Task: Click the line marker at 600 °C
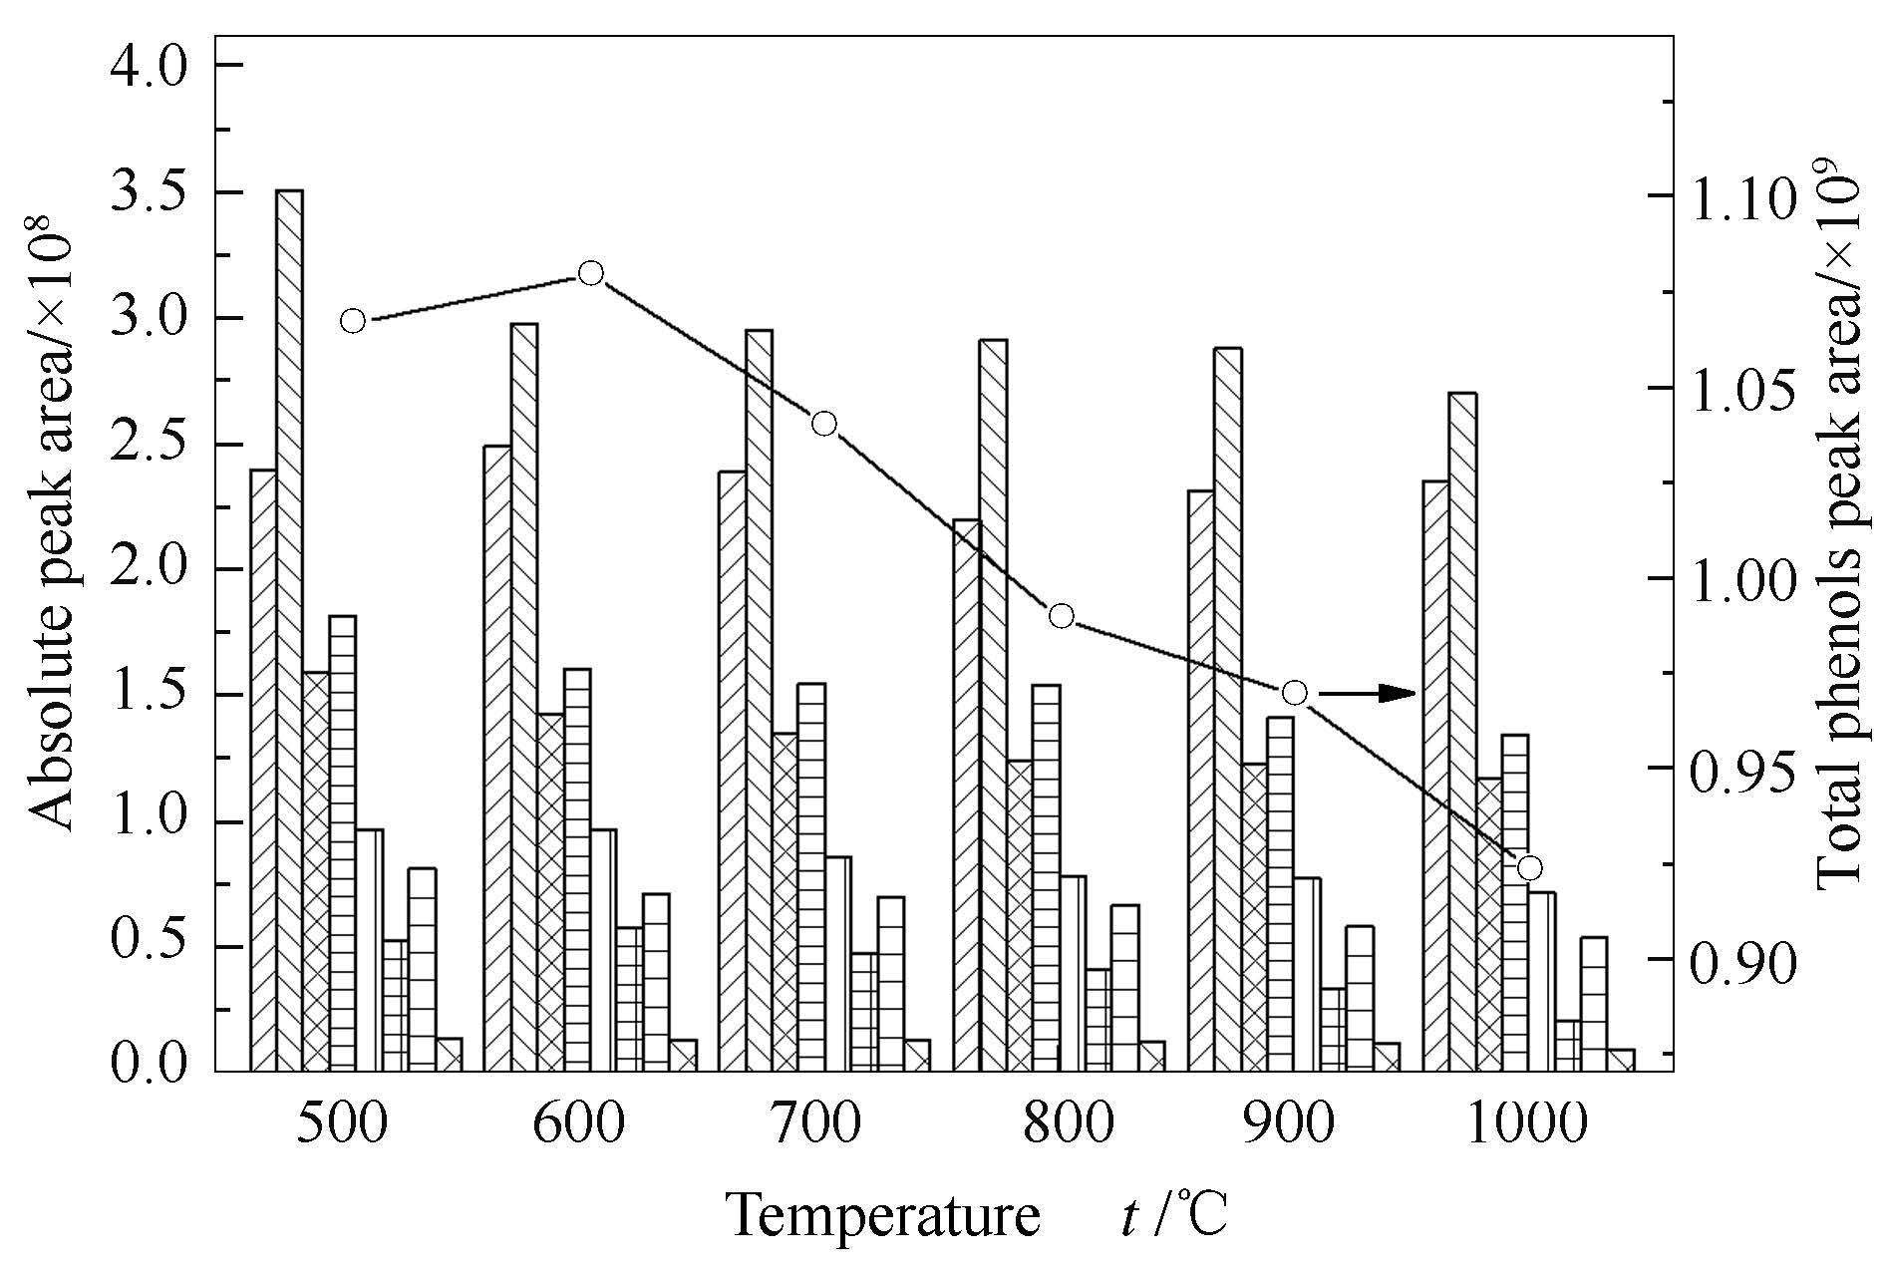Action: click(x=591, y=273)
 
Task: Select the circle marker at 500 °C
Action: click(x=353, y=321)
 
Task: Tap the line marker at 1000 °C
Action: click(x=1530, y=867)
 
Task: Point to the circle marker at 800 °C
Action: click(x=1062, y=616)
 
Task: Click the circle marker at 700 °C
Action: click(x=823, y=424)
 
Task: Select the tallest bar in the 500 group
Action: click(x=289, y=628)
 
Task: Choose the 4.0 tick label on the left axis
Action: click(x=150, y=66)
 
